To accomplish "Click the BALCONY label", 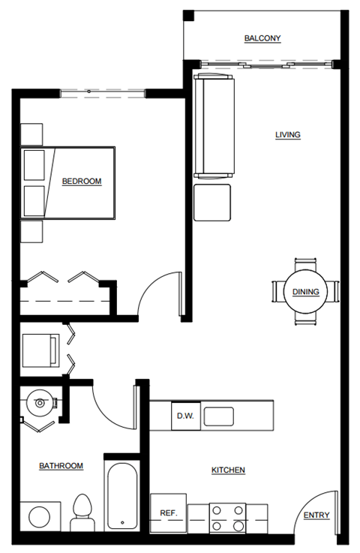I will [x=262, y=38].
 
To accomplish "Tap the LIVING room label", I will [x=287, y=135].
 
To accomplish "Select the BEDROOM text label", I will [x=81, y=181].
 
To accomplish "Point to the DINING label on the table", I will [x=305, y=292].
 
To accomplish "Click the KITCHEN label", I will [x=228, y=470].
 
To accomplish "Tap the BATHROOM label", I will [x=61, y=466].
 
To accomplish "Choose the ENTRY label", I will [x=316, y=515].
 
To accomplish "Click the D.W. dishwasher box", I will [x=184, y=416].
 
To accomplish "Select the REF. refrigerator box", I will [x=168, y=513].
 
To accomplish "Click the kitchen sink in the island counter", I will [x=219, y=416].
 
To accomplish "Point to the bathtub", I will [x=121, y=499].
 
